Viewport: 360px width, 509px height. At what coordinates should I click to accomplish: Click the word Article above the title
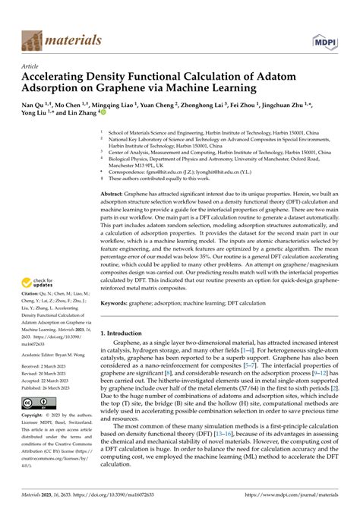coord(30,66)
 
